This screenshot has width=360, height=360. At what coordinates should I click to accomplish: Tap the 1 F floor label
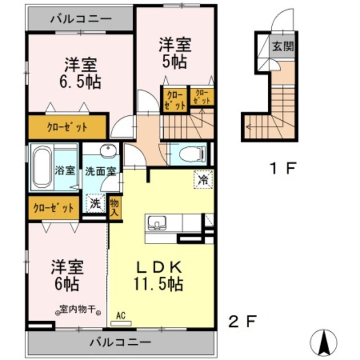(x=281, y=167)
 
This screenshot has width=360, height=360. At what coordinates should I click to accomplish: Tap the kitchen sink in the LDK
(x=155, y=223)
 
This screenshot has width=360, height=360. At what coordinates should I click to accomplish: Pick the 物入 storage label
(x=115, y=206)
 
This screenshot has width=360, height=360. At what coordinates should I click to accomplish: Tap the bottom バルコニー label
(x=120, y=341)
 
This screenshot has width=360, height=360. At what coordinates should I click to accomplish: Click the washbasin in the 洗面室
(x=106, y=150)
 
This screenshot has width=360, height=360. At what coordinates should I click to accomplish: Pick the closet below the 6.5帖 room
(x=67, y=127)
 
